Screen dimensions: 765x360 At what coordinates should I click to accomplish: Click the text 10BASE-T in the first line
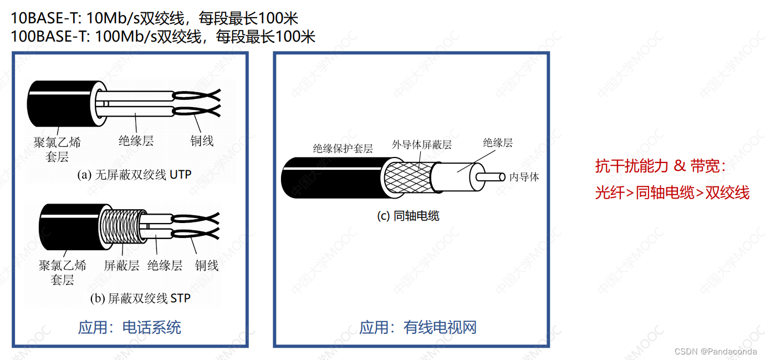point(45,18)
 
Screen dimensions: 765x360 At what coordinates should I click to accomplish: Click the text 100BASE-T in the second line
point(49,37)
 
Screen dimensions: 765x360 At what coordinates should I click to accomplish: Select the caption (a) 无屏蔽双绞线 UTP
point(134,175)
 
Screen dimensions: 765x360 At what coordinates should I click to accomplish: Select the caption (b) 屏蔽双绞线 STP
point(140,298)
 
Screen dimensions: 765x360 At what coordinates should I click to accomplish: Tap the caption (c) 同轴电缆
point(408,216)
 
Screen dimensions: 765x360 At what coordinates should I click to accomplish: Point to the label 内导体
point(524,177)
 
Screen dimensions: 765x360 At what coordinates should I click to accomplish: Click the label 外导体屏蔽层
point(421,145)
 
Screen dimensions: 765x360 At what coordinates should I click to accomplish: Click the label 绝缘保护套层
point(343,148)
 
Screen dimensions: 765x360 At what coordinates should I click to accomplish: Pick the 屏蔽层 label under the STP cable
point(121,265)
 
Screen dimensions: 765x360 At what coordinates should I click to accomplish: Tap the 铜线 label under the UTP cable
point(202,140)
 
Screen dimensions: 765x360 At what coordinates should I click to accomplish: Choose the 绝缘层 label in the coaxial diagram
point(498,143)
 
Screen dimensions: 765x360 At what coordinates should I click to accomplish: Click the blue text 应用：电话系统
point(129,327)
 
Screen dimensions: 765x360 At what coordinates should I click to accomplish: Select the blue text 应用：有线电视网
point(418,327)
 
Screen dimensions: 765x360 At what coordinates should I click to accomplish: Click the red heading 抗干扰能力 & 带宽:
point(660,166)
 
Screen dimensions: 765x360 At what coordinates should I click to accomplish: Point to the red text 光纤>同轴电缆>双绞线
point(672,193)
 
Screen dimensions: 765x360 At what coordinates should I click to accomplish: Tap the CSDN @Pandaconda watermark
point(716,352)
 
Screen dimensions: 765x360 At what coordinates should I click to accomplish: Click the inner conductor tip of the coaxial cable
point(502,177)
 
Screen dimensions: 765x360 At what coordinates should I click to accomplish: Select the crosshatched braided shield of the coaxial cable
point(408,178)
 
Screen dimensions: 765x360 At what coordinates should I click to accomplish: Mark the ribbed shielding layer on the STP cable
point(122,226)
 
